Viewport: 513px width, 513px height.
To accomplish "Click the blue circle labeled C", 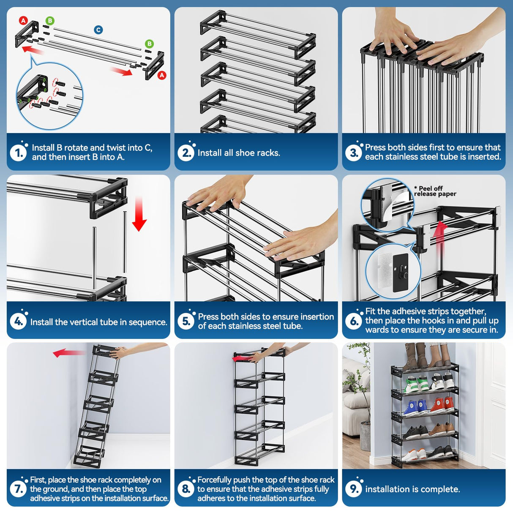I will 98,30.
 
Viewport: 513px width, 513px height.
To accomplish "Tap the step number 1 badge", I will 19,153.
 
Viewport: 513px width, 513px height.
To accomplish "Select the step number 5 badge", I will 186,321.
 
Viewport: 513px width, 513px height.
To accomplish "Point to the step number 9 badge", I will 354,489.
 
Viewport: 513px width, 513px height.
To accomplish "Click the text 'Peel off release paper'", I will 435,191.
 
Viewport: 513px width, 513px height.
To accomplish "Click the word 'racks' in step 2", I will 267,153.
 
